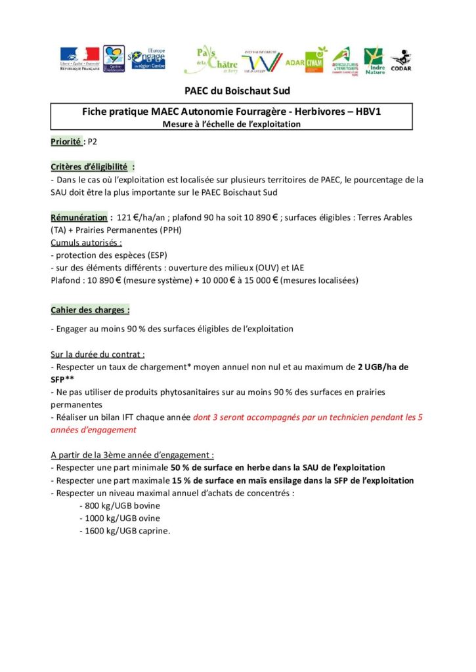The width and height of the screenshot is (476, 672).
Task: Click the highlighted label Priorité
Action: [x=66, y=141]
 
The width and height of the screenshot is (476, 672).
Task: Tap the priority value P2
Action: [x=92, y=141]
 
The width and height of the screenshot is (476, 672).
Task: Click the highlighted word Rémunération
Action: [x=78, y=217]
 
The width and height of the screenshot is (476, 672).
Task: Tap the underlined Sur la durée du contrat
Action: [x=98, y=354]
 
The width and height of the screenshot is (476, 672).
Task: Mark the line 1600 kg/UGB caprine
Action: [x=124, y=531]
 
